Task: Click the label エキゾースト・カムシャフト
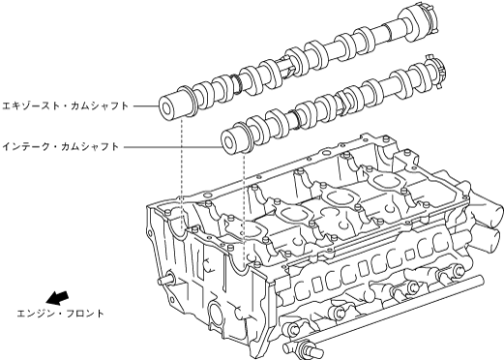point(66,105)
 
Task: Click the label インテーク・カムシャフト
point(61,147)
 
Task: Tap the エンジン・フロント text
point(60,314)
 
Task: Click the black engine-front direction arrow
point(57,297)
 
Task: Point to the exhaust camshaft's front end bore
point(166,109)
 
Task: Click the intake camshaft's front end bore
point(227,142)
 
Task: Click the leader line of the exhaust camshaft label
point(146,105)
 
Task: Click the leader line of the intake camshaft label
point(172,147)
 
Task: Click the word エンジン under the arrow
point(34,314)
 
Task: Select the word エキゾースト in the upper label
point(30,105)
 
